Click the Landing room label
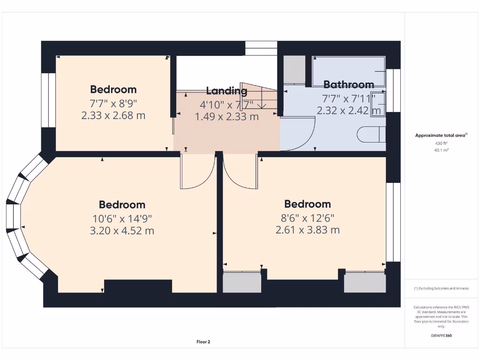pos(226,91)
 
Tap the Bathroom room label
pos(349,85)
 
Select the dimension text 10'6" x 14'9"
pos(122,218)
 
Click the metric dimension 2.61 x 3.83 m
pos(307,230)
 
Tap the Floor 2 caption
pos(203,342)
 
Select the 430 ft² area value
pos(441,143)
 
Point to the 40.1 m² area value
pos(441,150)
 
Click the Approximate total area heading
pos(441,135)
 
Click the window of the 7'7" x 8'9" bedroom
pos(48,100)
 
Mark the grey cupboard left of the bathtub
pos(294,70)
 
